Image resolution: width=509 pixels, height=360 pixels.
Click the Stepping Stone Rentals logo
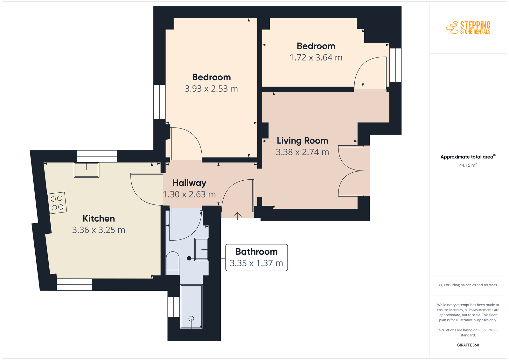pyautogui.click(x=468, y=28)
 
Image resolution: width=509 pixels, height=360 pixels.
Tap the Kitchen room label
pyautogui.click(x=99, y=218)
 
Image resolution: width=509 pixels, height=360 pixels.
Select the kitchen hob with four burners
pyautogui.click(x=57, y=203)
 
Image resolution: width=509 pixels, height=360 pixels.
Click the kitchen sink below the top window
pyautogui.click(x=87, y=170)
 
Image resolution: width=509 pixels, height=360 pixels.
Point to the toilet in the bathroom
pyautogui.click(x=173, y=263)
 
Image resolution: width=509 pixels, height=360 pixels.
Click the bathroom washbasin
pyautogui.click(x=202, y=249)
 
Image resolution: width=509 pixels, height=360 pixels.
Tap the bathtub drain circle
pyautogui.click(x=191, y=319)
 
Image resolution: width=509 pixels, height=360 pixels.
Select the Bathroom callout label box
pyautogui.click(x=256, y=258)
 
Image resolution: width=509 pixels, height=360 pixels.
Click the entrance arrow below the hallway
pyautogui.click(x=238, y=216)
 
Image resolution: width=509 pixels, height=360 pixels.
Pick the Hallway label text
pyautogui.click(x=189, y=183)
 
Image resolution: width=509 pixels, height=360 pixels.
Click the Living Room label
pyautogui.click(x=303, y=141)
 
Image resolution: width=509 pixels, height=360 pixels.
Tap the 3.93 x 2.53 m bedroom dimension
pyautogui.click(x=211, y=89)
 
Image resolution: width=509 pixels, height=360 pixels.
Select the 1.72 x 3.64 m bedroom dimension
pyautogui.click(x=316, y=58)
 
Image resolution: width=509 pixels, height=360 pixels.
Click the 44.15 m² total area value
pyautogui.click(x=468, y=165)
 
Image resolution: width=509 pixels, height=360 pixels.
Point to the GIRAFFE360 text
pyautogui.click(x=468, y=345)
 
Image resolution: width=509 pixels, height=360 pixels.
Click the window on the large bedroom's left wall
pyautogui.click(x=159, y=102)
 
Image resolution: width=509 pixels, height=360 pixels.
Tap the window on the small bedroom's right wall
pyautogui.click(x=395, y=65)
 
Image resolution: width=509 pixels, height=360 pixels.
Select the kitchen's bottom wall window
pyautogui.click(x=74, y=285)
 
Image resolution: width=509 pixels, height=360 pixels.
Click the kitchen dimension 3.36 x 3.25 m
pyautogui.click(x=99, y=230)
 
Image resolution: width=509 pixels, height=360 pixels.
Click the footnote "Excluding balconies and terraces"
pyautogui.click(x=471, y=285)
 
